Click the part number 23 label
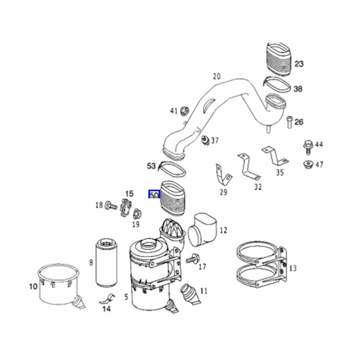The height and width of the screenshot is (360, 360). pyautogui.click(x=299, y=64)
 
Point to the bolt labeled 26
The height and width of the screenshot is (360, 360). pyautogui.click(x=289, y=122)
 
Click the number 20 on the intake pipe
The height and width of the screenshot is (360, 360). pyautogui.click(x=216, y=76)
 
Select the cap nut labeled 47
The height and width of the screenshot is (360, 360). pyautogui.click(x=307, y=165)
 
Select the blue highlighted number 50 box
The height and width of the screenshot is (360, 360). pyautogui.click(x=154, y=194)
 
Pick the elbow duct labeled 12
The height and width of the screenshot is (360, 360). pyautogui.click(x=204, y=230)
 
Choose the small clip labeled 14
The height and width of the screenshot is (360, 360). pyautogui.click(x=107, y=298)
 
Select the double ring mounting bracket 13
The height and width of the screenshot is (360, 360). pyautogui.click(x=261, y=266)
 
